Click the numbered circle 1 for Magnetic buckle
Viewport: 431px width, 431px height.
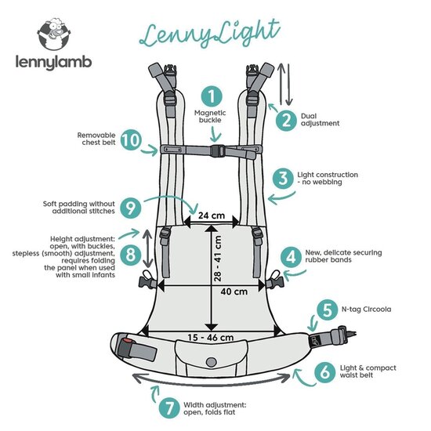pos(209,97)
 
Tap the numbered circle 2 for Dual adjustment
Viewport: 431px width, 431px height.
pos(286,119)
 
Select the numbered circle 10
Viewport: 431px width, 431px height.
pos(132,140)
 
